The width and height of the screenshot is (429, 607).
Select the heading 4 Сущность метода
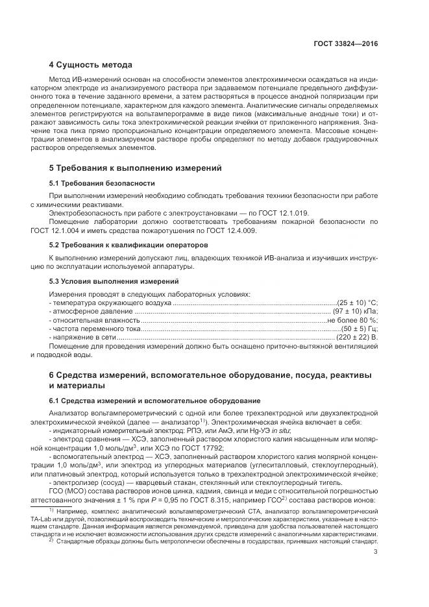coord(90,65)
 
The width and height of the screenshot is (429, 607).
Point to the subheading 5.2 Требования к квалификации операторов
coord(129,245)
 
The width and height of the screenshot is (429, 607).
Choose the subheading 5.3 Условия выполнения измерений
coord(114,281)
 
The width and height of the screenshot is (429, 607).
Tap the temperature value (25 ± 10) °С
coord(357,303)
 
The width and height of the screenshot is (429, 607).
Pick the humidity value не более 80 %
coord(352,321)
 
